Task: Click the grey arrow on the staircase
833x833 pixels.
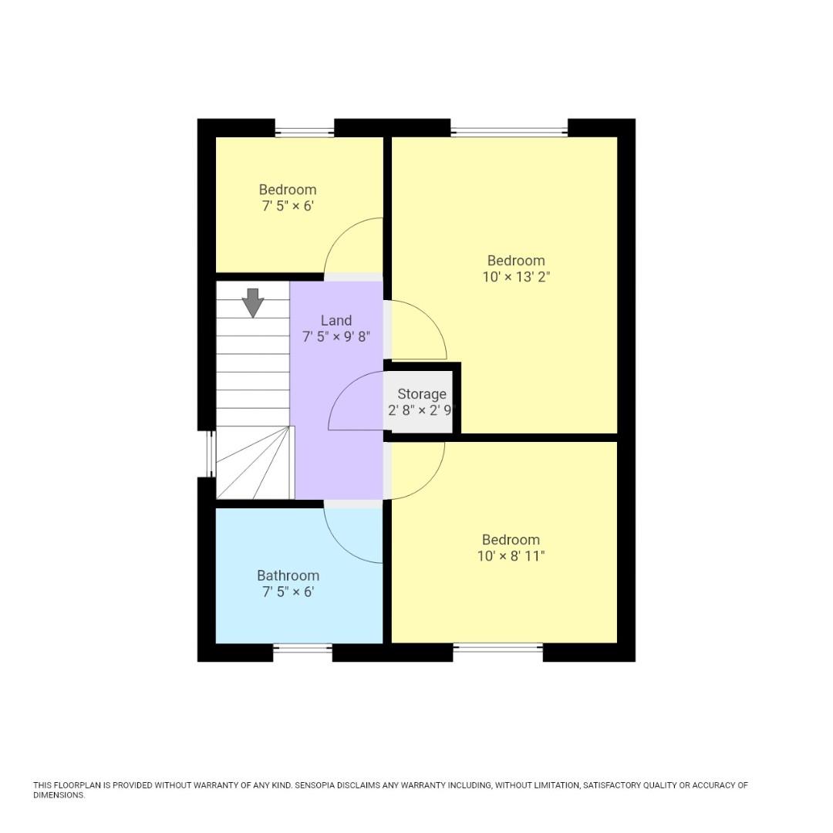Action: click(x=252, y=302)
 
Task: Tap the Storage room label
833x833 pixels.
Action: click(x=422, y=394)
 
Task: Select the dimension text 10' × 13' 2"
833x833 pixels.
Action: click(x=515, y=277)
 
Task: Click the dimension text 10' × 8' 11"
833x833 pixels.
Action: click(x=511, y=556)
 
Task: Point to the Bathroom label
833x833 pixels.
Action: click(x=288, y=575)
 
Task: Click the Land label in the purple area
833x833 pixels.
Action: click(x=336, y=320)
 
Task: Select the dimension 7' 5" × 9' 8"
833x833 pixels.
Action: click(x=336, y=337)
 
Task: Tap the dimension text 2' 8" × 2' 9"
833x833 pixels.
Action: click(x=422, y=411)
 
